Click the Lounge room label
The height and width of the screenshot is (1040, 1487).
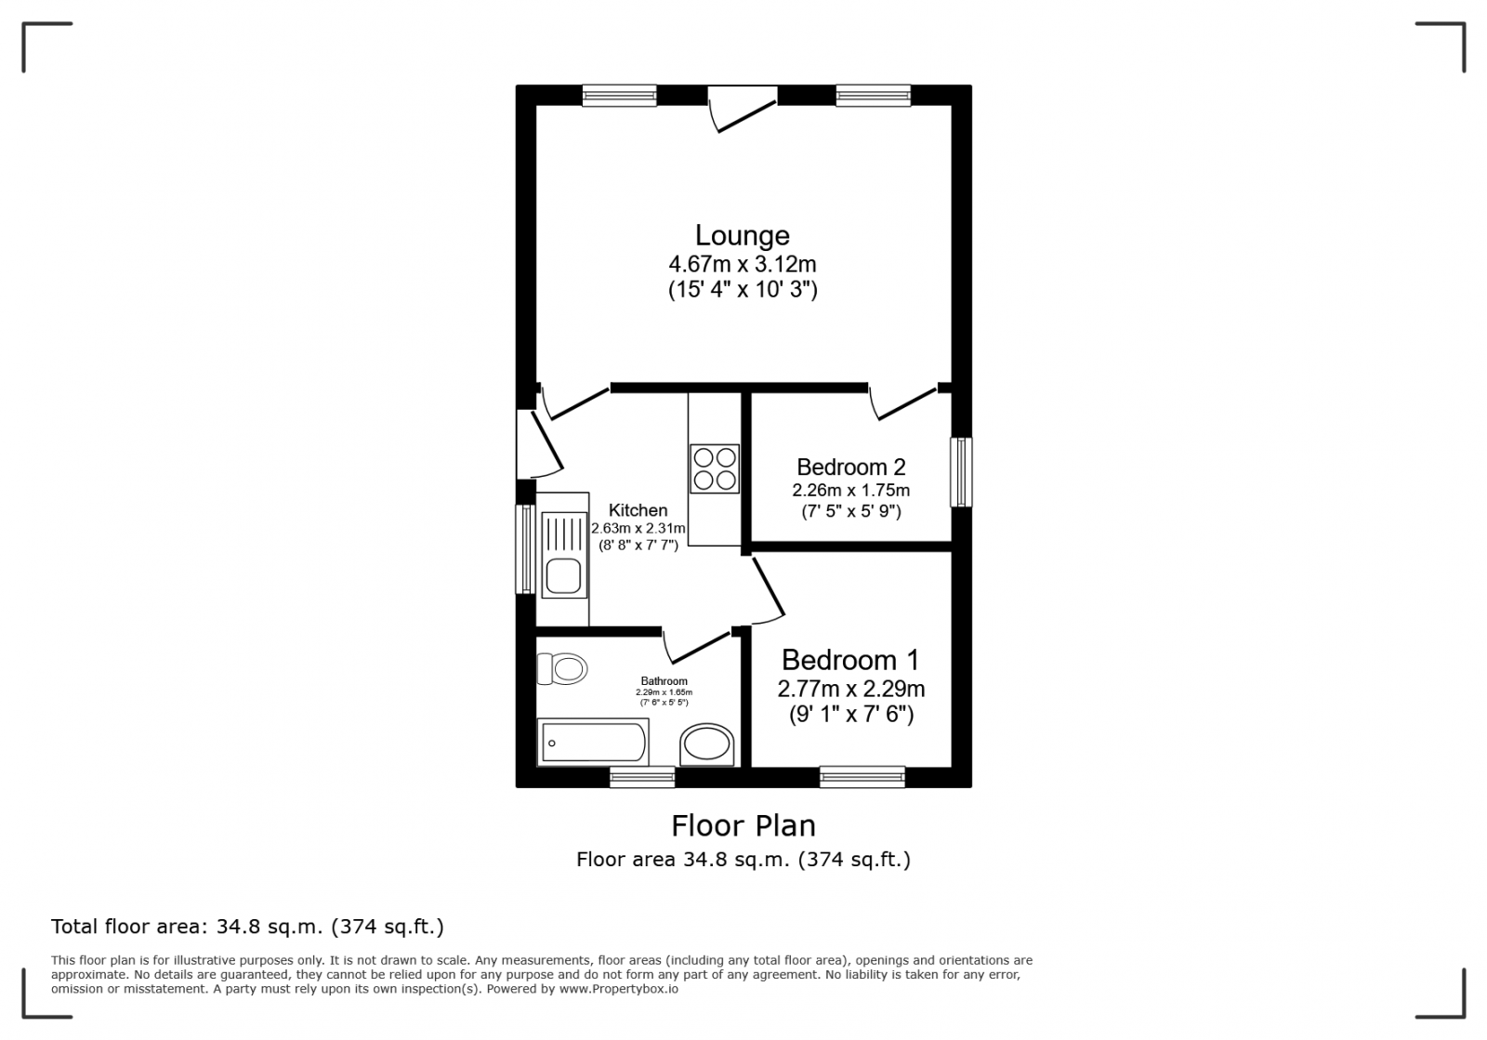743,235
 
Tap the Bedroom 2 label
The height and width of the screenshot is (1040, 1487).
850,467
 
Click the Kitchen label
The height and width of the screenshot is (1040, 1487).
638,510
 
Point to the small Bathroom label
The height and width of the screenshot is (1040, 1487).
664,681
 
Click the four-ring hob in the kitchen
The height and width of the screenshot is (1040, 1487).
715,468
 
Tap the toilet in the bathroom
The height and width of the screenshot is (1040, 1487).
563,668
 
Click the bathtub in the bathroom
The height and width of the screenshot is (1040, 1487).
593,743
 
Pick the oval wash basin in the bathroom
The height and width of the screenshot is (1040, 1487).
707,745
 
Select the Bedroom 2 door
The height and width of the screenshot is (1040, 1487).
902,402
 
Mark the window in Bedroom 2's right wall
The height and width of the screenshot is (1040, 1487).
961,472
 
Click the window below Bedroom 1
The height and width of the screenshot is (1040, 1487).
862,777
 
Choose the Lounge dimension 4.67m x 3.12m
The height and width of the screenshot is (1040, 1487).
743,265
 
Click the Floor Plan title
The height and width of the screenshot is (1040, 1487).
743,825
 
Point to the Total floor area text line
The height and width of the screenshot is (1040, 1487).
247,927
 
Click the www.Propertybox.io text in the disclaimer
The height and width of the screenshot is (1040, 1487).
618,990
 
